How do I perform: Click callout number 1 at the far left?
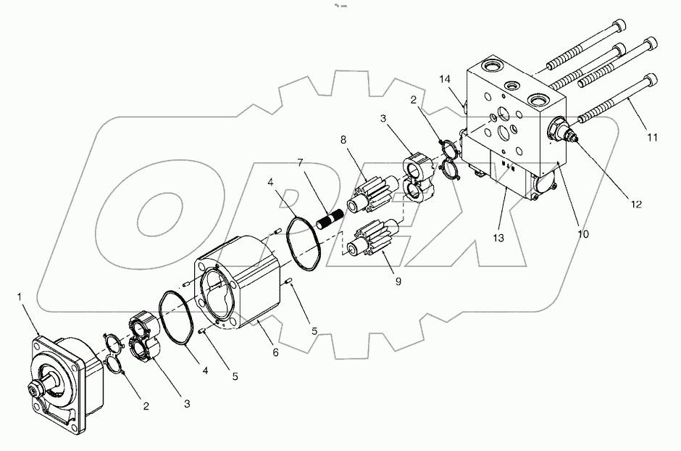tap(20, 297)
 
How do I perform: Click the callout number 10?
tap(584, 233)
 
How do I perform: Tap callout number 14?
tap(444, 78)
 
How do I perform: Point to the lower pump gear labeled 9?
tap(374, 240)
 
